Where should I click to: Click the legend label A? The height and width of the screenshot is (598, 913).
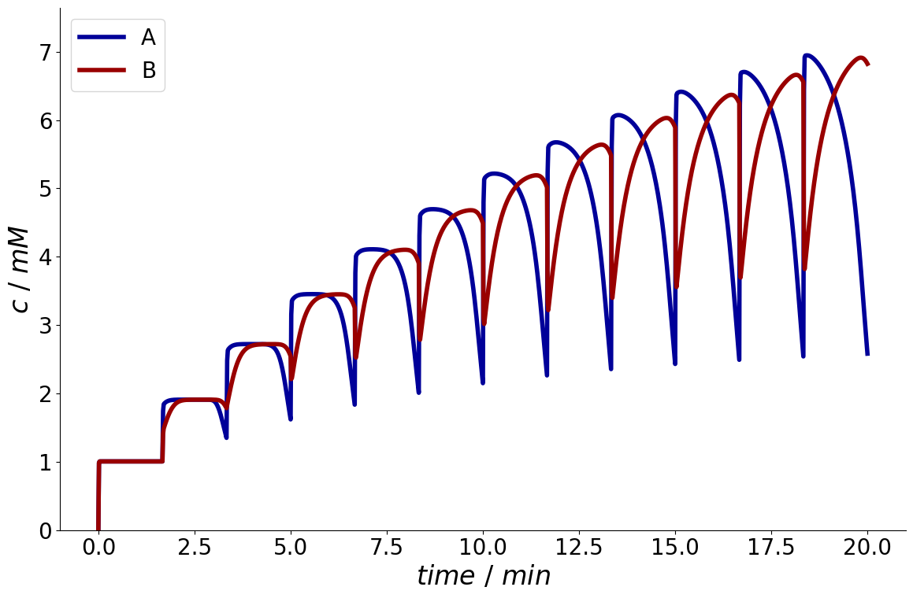pyautogui.click(x=148, y=37)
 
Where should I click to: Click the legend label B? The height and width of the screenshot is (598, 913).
pyautogui.click(x=149, y=70)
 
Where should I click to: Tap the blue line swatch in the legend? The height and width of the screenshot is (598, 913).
pyautogui.click(x=102, y=37)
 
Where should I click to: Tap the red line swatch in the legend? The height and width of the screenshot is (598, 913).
pyautogui.click(x=102, y=70)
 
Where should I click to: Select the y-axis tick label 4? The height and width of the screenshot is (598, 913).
pyautogui.click(x=46, y=257)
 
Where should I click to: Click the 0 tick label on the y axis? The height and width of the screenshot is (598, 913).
pyautogui.click(x=46, y=530)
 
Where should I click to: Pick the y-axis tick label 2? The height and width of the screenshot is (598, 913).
pyautogui.click(x=46, y=394)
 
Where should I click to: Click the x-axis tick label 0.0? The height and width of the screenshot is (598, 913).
pyautogui.click(x=98, y=548)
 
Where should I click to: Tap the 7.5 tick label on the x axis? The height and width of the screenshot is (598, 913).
pyautogui.click(x=387, y=548)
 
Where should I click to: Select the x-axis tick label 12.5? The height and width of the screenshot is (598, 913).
pyautogui.click(x=579, y=548)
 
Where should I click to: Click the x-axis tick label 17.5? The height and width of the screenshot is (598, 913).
pyautogui.click(x=771, y=548)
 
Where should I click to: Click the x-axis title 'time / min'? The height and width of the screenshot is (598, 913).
pyautogui.click(x=484, y=576)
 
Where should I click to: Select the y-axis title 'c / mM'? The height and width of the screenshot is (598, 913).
pyautogui.click(x=20, y=271)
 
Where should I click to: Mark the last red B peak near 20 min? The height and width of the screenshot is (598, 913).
pyautogui.click(x=860, y=57)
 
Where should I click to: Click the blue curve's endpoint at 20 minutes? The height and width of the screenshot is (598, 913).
pyautogui.click(x=867, y=353)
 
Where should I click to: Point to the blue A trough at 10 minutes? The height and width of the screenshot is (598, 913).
pyautogui.click(x=483, y=382)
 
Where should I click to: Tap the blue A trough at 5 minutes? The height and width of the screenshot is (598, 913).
pyautogui.click(x=291, y=419)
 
